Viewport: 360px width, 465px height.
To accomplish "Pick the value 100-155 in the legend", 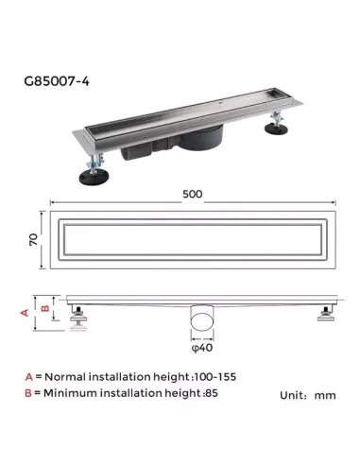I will [x=213, y=376].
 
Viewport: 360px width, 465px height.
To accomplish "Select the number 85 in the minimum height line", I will [x=218, y=392].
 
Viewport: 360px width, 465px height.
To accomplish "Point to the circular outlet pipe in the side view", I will [x=200, y=319].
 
